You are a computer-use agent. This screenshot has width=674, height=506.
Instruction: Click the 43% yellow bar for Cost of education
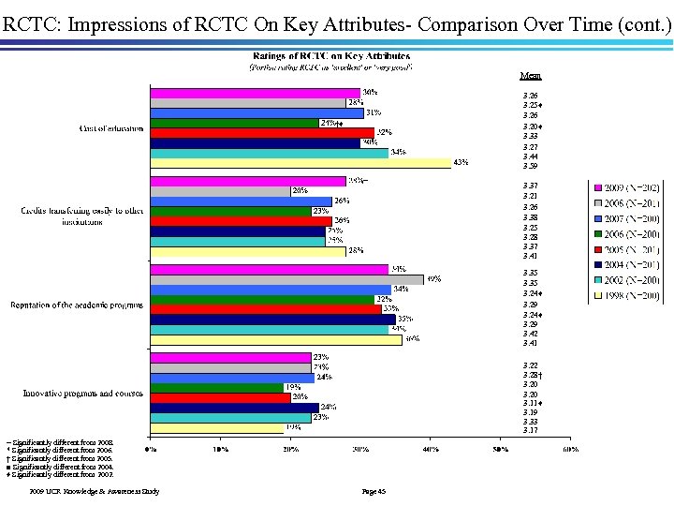coord(300,163)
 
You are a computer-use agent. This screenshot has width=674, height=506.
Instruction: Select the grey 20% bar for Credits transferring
coord(220,191)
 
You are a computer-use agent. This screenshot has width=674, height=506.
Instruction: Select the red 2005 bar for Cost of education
coord(262,132)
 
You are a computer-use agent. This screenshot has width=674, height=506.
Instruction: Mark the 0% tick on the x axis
coord(151,448)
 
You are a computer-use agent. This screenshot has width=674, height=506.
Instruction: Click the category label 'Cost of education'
coord(110,128)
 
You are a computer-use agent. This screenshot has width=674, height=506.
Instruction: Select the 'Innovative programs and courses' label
coord(83,393)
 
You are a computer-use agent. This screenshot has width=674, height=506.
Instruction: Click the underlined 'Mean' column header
coord(530,75)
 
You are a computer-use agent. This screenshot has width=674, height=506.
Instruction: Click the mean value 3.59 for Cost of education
coord(530,166)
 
